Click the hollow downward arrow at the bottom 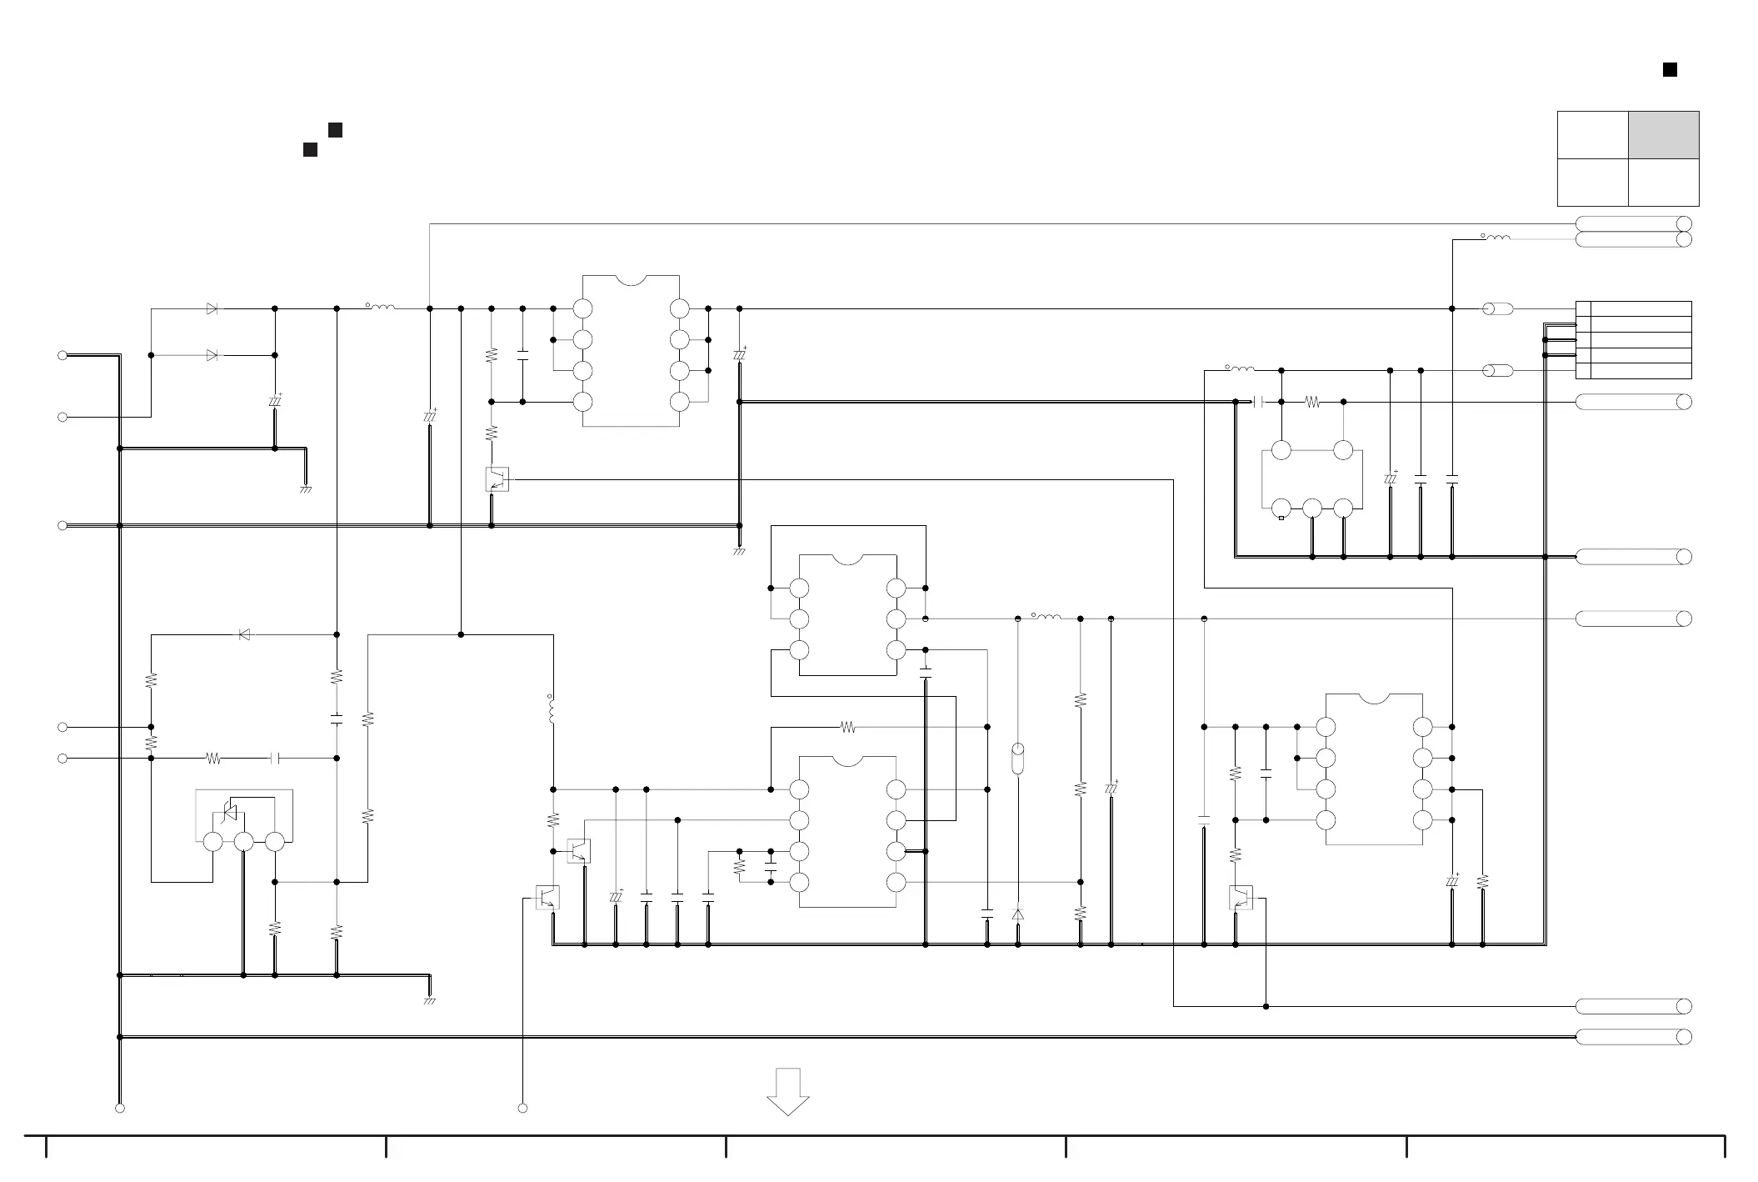click(787, 1090)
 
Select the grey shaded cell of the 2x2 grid click(1664, 135)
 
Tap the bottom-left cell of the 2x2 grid click(1592, 182)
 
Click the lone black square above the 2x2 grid click(1670, 70)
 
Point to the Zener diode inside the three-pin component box click(229, 811)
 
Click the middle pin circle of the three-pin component click(243, 842)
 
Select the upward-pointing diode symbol click(1017, 914)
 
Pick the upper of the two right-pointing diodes click(212, 308)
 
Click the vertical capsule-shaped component click(1017, 759)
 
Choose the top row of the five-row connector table click(1633, 308)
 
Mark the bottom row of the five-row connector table click(1633, 371)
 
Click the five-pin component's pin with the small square click(1281, 508)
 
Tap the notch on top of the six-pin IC click(847, 558)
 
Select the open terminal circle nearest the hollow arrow click(522, 1108)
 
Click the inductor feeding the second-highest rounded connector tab click(1497, 238)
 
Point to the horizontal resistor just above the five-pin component click(1312, 402)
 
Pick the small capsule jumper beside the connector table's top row click(1498, 309)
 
